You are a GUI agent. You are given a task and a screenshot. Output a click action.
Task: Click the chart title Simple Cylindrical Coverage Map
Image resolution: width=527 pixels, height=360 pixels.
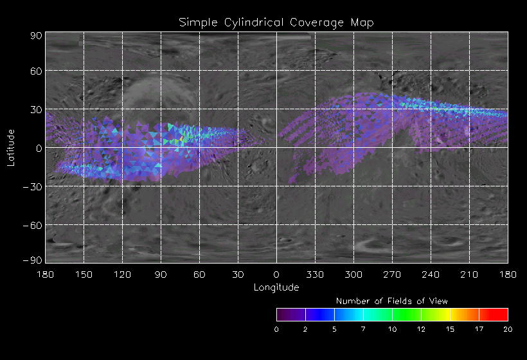point(276,22)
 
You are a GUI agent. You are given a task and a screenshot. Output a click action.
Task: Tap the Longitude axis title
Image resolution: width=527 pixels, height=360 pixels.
point(276,287)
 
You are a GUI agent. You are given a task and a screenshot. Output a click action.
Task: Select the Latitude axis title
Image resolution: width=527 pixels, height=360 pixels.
point(11,147)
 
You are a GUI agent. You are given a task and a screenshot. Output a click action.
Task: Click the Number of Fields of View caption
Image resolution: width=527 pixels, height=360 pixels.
point(392,301)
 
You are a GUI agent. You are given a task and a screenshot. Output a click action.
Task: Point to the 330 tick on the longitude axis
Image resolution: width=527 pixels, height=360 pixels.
point(315,274)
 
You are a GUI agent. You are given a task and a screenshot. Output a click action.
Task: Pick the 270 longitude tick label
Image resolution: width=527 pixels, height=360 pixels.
point(392,274)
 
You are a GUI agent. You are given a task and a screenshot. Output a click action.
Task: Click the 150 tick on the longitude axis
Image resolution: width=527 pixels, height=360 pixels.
point(84,274)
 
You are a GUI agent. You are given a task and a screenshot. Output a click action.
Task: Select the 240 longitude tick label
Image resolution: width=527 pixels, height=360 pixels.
point(431,274)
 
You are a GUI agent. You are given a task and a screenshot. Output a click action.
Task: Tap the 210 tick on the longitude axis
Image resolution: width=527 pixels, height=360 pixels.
point(469,274)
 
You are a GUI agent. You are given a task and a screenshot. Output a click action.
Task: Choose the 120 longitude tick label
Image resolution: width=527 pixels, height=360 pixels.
point(122,274)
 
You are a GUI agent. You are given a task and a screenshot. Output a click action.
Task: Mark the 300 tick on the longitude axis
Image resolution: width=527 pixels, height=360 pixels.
point(353,274)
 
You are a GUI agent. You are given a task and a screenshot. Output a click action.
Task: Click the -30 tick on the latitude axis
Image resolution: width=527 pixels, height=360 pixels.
point(33,186)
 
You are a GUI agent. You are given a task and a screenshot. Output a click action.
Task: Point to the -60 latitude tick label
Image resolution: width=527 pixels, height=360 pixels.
point(33,225)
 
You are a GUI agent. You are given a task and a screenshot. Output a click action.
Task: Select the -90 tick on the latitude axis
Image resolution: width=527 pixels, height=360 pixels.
point(33,260)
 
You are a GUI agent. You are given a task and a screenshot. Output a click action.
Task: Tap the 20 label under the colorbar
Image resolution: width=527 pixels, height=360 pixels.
point(508,329)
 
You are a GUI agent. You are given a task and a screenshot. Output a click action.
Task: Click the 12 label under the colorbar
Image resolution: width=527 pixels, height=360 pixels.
point(421,329)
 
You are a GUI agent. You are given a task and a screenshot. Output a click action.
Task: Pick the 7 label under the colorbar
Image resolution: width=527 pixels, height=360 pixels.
point(363,329)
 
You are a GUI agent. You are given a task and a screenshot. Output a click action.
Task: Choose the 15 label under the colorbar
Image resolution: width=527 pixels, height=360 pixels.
point(450,329)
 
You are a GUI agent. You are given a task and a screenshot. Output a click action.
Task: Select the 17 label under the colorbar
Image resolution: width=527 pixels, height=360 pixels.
point(479,329)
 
